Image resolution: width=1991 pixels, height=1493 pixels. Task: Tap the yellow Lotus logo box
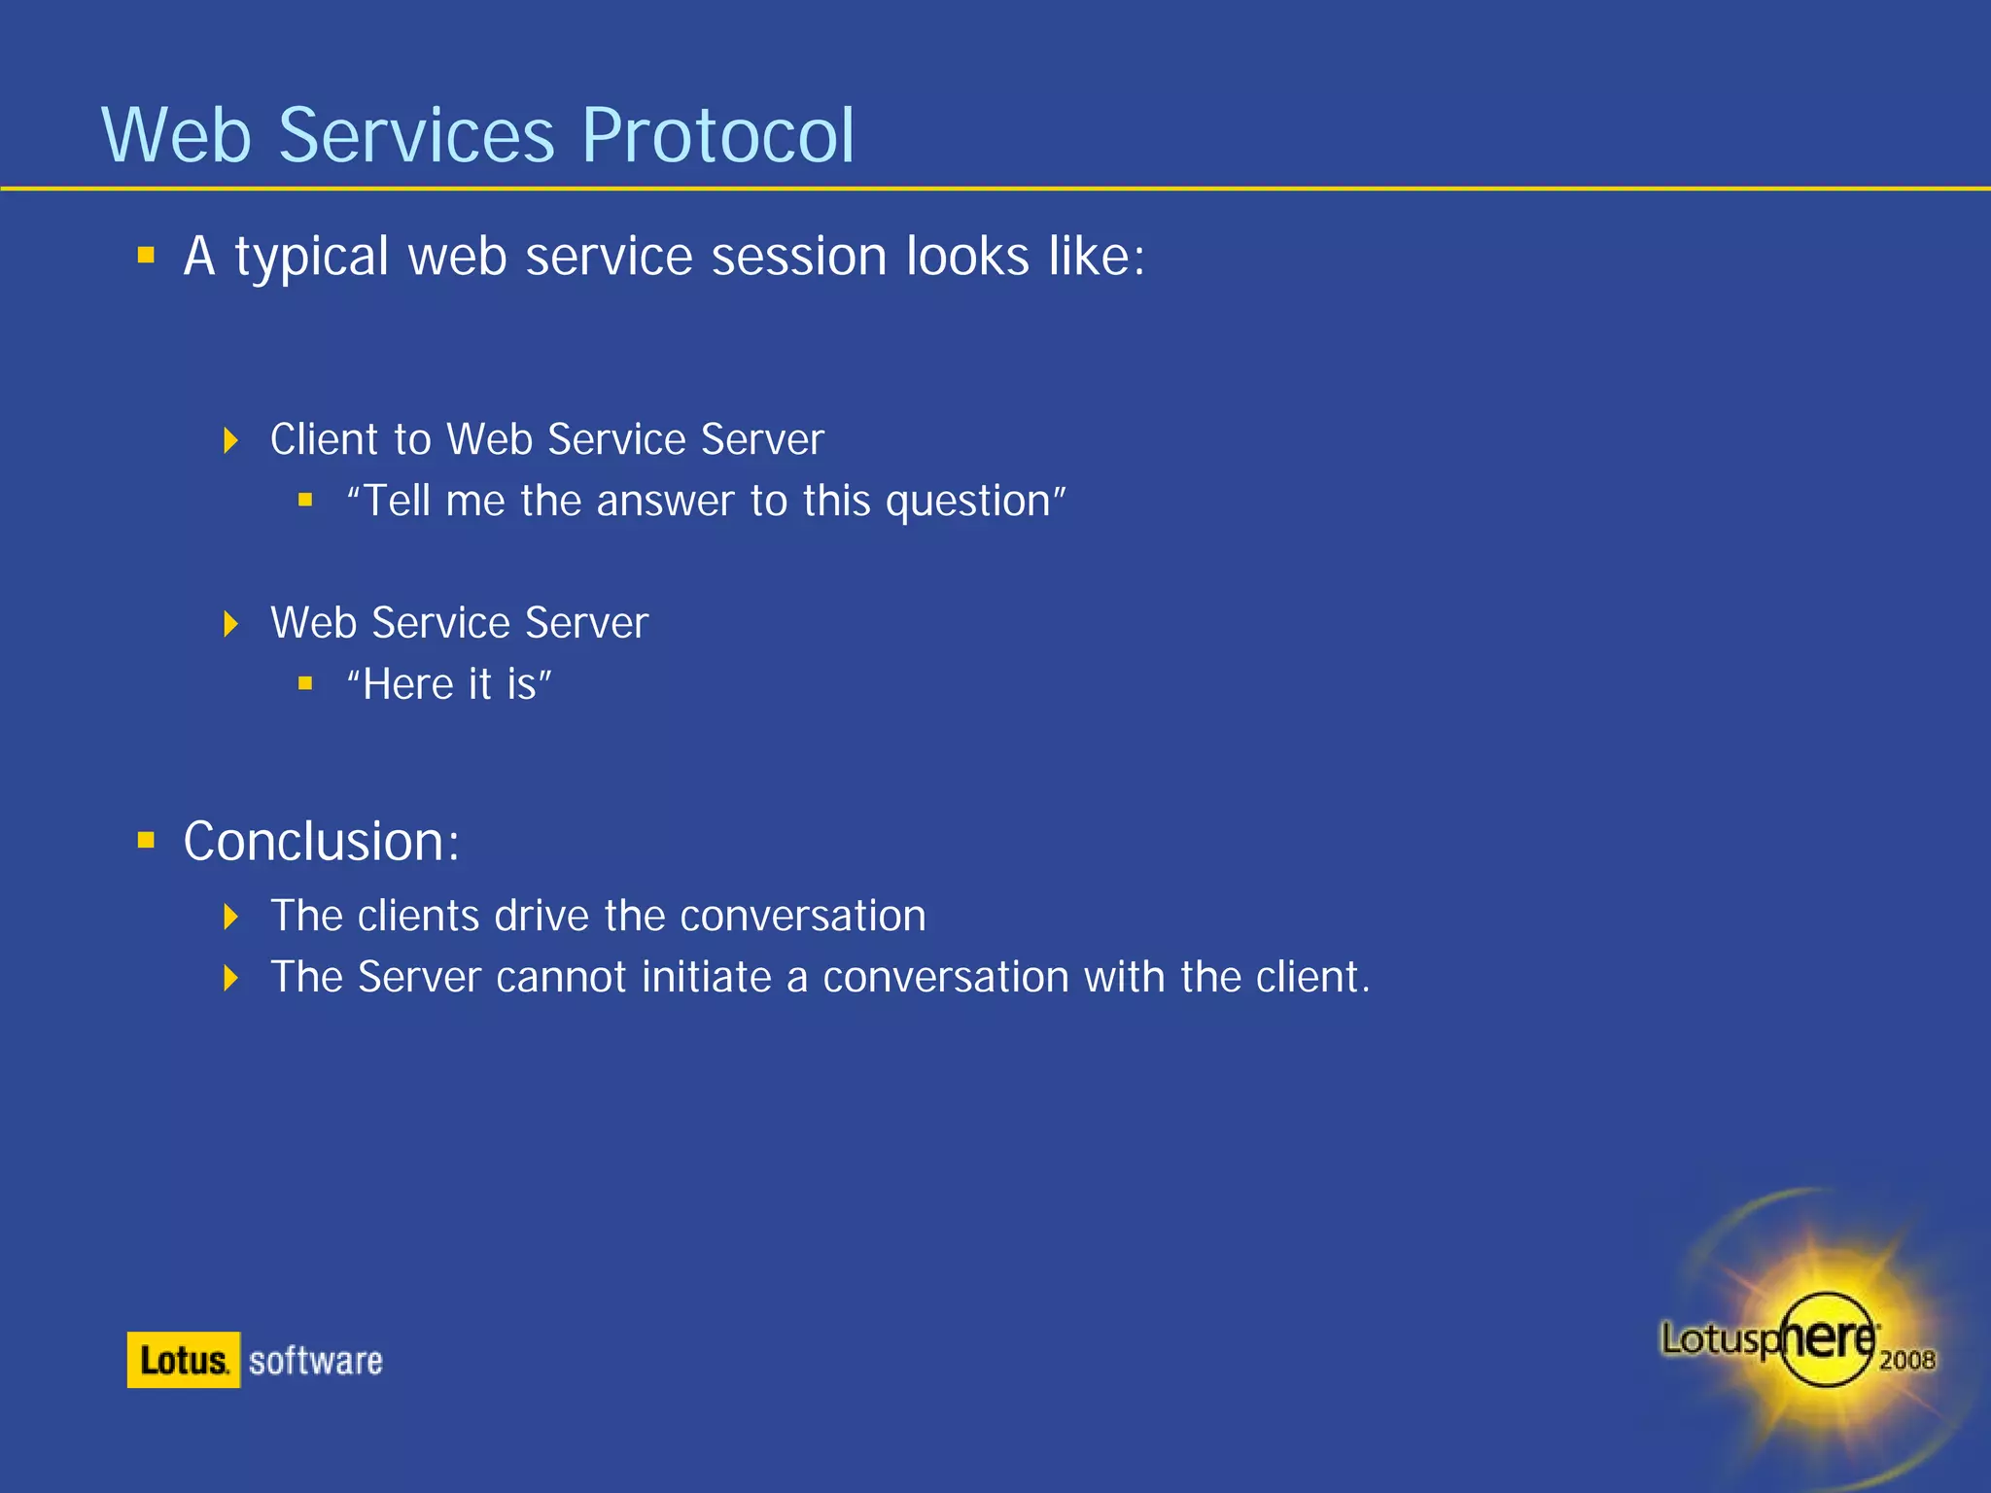(183, 1360)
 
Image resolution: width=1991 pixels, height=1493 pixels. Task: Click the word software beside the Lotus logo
(315, 1361)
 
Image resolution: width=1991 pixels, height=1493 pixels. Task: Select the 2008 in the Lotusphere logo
(1906, 1360)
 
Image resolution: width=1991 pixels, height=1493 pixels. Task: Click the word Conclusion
(321, 842)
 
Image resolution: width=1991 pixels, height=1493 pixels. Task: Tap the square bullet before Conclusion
(147, 841)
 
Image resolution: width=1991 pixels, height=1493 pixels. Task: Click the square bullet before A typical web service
(147, 256)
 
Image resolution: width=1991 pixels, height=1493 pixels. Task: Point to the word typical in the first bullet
(311, 258)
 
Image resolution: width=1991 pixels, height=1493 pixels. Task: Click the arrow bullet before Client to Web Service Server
(230, 440)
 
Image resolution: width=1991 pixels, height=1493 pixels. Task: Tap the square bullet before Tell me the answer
(305, 501)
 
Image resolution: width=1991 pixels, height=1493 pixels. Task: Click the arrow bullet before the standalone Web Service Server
(230, 624)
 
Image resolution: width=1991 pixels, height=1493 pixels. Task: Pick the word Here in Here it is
(407, 685)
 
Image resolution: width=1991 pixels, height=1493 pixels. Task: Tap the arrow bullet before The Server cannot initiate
(230, 978)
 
